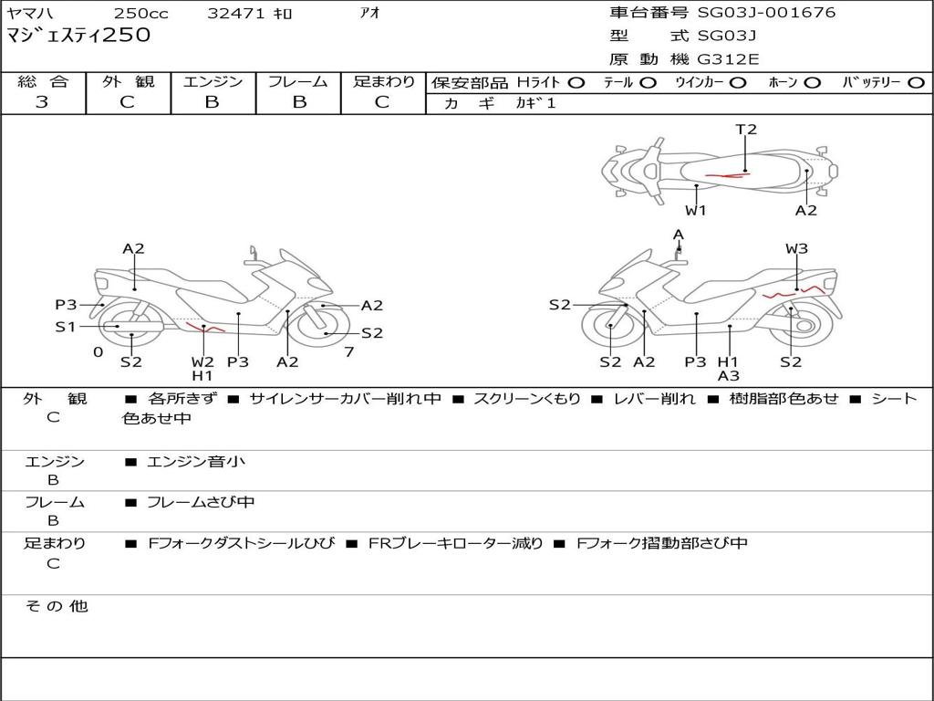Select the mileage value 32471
click(x=235, y=14)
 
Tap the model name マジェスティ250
click(x=79, y=36)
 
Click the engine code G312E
click(x=728, y=59)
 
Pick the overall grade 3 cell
click(x=42, y=102)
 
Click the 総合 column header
click(x=42, y=82)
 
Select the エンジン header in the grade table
click(x=213, y=82)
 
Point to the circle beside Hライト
click(x=576, y=82)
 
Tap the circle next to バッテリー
click(x=916, y=82)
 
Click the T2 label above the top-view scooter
click(x=746, y=130)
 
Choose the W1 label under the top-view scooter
click(x=696, y=211)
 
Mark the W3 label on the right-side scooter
click(x=796, y=248)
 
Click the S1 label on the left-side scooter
click(x=65, y=326)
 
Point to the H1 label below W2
click(x=202, y=375)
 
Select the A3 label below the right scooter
click(x=728, y=375)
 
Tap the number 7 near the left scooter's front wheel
click(x=349, y=351)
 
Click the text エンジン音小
click(x=196, y=462)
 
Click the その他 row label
click(x=56, y=606)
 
